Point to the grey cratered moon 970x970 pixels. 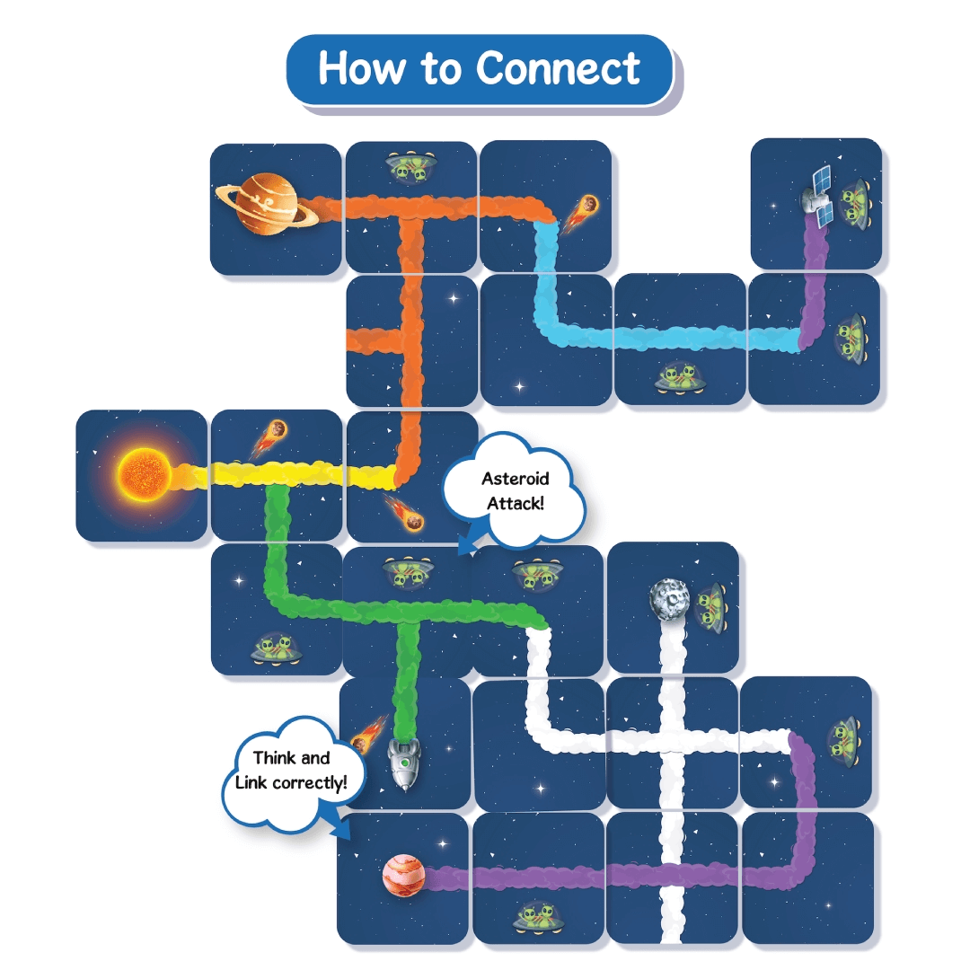[x=668, y=596]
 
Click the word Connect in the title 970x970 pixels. [x=559, y=68]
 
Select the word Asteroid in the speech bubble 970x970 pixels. [x=515, y=479]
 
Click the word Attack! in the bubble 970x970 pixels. [x=515, y=503]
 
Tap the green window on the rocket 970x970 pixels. [x=405, y=762]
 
